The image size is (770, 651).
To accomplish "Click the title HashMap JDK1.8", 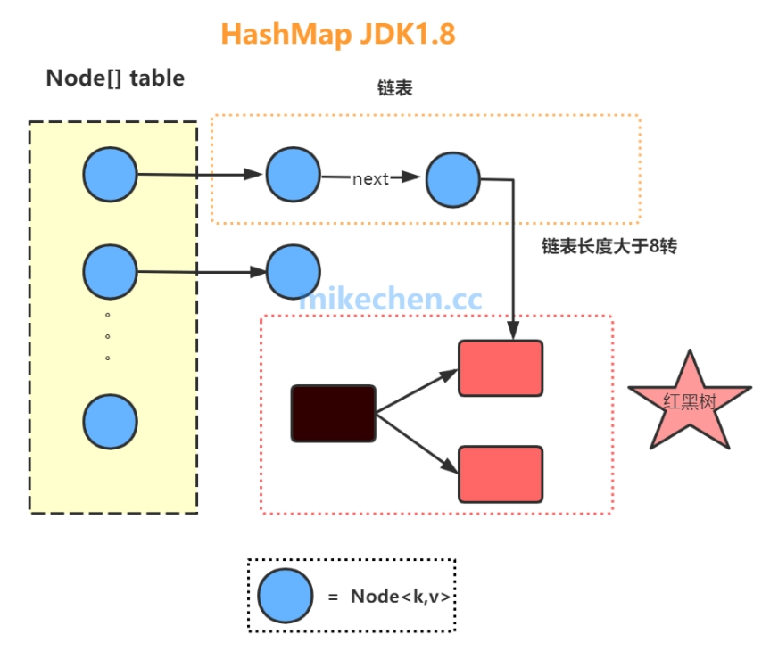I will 338,34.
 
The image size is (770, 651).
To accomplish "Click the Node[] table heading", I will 115,78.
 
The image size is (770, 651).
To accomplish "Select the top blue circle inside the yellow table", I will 110,176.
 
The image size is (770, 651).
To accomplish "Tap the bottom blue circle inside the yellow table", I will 110,421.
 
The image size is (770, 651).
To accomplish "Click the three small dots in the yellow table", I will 108,336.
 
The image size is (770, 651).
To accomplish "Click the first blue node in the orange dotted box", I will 293,176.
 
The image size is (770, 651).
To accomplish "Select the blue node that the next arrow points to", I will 452,179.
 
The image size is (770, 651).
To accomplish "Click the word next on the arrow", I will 370,178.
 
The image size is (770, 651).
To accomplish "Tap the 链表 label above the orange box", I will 395,90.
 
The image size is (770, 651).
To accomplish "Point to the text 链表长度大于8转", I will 609,246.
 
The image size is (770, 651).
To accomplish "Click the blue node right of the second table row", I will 293,272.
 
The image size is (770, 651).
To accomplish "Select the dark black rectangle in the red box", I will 333,413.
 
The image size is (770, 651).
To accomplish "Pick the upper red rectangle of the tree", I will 501,367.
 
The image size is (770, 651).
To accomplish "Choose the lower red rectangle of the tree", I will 501,474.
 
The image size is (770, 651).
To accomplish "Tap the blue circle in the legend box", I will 286,596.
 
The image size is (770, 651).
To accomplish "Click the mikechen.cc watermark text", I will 390,300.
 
